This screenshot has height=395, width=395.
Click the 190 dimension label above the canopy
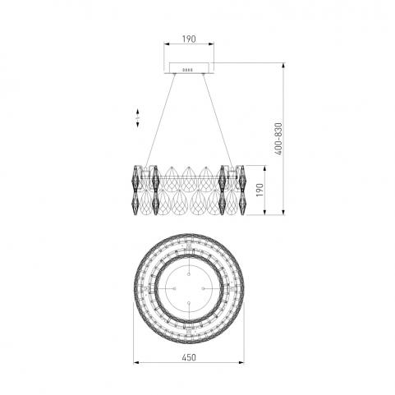(x=189, y=39)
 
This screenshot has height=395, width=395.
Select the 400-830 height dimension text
(x=278, y=139)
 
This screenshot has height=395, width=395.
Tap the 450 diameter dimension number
(x=189, y=357)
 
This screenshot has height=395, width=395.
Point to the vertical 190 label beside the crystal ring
(x=260, y=190)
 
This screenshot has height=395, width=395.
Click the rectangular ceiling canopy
(x=189, y=68)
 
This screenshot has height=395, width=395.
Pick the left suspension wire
(x=161, y=120)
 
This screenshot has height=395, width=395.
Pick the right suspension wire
(x=218, y=120)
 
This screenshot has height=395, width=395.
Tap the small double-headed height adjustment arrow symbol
(x=138, y=117)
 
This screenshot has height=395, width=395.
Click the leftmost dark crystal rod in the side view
(x=136, y=190)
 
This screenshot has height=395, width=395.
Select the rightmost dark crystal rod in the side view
(x=242, y=190)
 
